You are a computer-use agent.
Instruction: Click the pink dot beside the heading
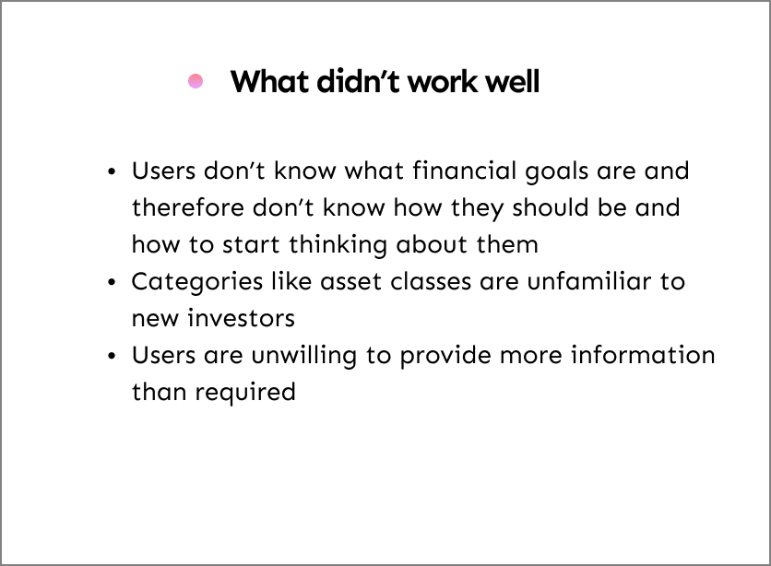point(196,81)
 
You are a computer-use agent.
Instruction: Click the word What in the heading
point(270,81)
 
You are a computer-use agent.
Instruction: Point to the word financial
point(464,171)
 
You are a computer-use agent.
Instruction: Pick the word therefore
point(188,207)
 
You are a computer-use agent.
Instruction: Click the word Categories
point(197,282)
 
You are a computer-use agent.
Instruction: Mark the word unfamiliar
point(589,281)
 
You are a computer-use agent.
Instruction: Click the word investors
point(241,318)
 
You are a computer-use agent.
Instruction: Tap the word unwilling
point(303,356)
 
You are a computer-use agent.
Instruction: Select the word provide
point(445,356)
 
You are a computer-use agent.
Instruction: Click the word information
point(643,355)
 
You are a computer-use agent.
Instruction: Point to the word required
point(245,393)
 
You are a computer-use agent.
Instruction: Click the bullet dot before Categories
point(113,282)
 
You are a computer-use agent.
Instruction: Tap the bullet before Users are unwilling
point(113,356)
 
